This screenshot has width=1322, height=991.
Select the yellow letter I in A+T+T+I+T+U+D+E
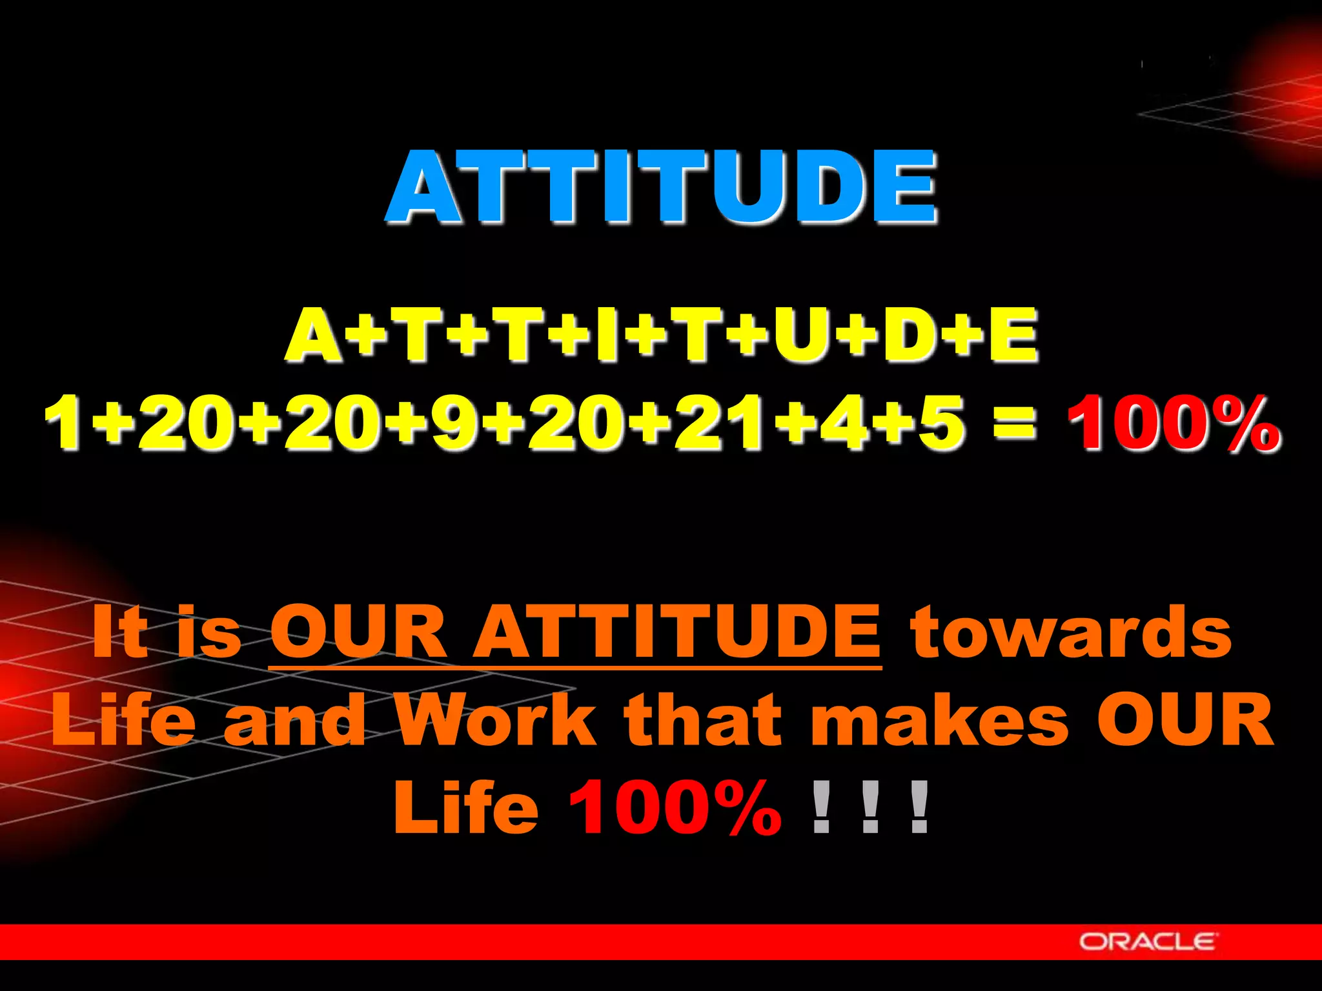tap(605, 335)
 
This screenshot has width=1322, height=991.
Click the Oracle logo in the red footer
tap(1148, 941)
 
